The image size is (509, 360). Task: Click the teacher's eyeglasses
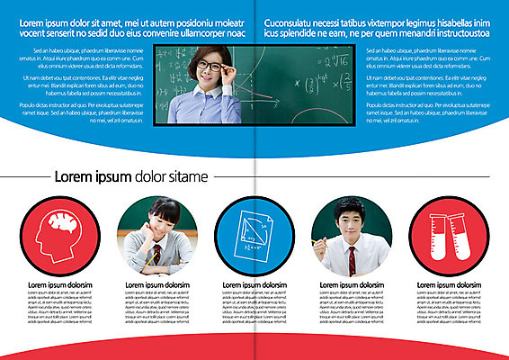pos(210,67)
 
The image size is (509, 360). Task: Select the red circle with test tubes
pos(450,236)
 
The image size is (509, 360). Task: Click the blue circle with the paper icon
pos(254,236)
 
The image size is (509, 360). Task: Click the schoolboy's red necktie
pos(352,260)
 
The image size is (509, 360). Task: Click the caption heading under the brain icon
pos(59,285)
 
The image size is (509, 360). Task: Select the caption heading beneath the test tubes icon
pos(450,285)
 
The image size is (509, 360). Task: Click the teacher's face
pos(209,69)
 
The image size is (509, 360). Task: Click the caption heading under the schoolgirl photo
pos(156,285)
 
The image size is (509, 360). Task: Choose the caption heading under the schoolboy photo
pos(353,285)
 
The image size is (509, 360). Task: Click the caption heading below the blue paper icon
pos(254,285)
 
